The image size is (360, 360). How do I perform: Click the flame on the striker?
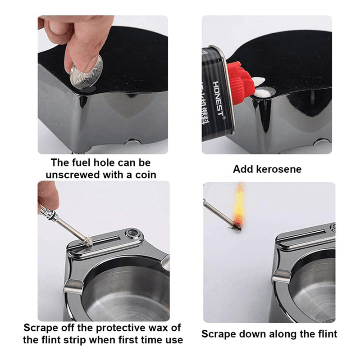239,205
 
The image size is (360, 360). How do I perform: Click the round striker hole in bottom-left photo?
132,233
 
